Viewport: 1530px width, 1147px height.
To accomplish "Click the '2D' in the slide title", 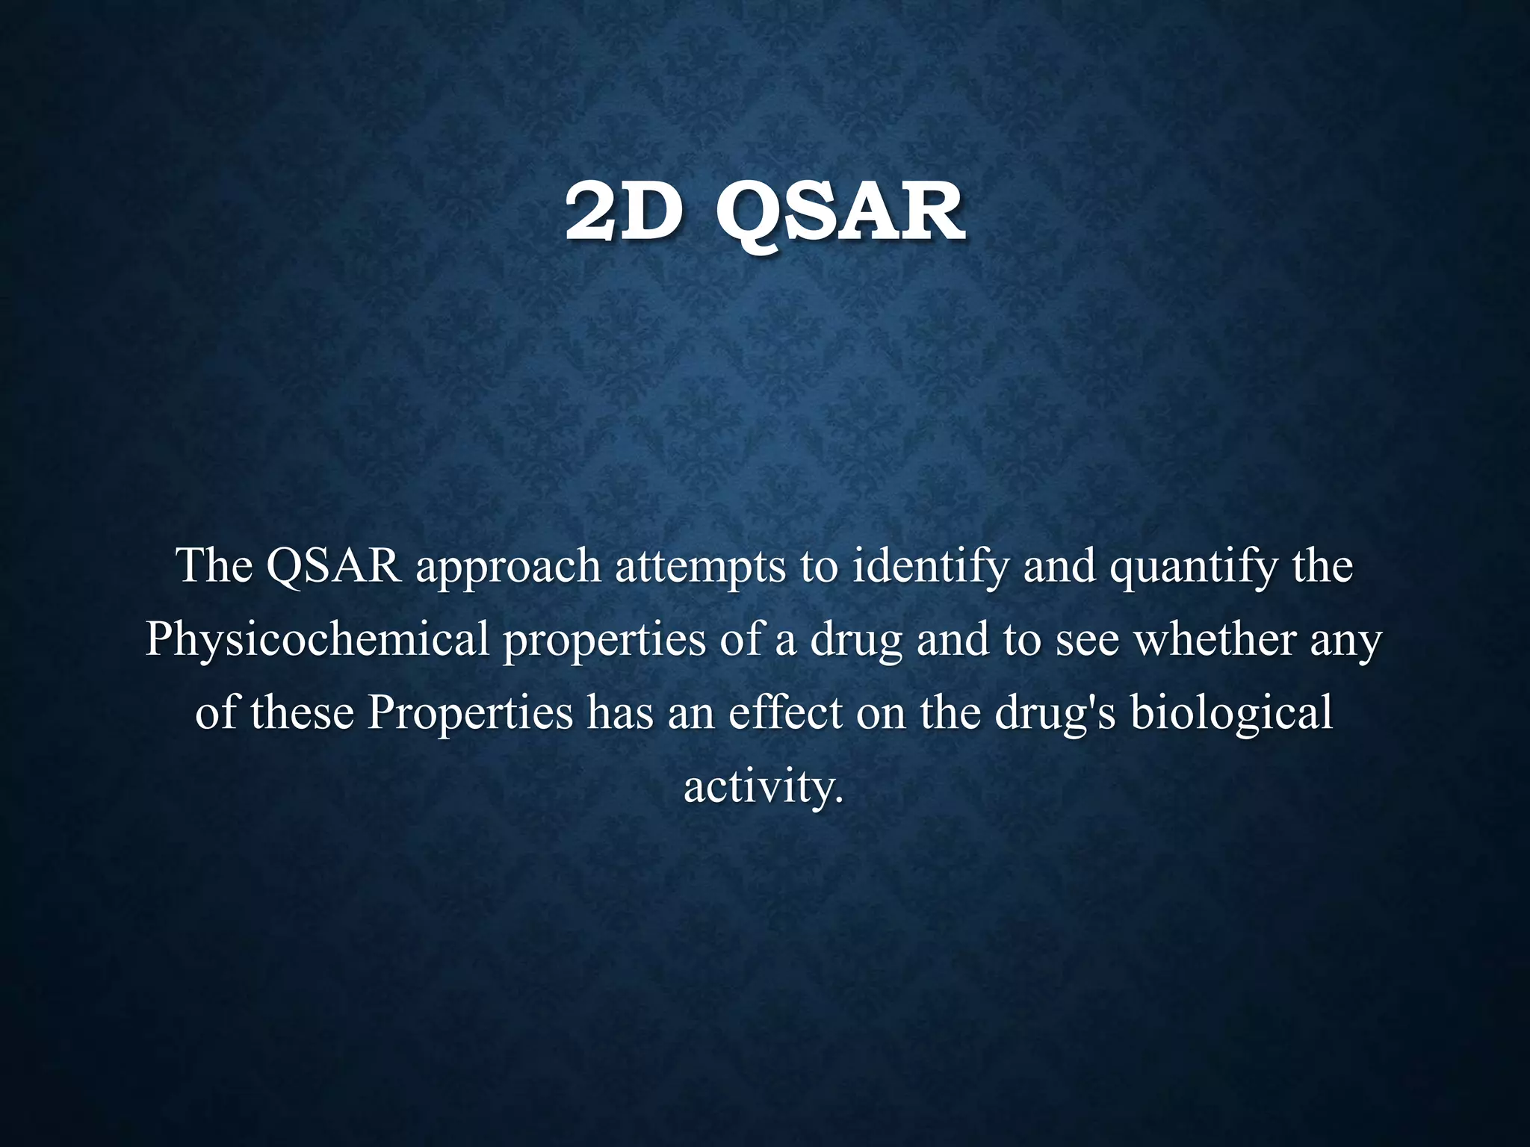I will click(623, 214).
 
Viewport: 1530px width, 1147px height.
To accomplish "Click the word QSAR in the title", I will click(840, 215).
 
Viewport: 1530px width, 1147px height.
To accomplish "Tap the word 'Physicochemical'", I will click(317, 641).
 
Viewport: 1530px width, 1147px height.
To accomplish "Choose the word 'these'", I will click(302, 712).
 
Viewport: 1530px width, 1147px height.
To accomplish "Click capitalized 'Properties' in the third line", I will click(470, 714).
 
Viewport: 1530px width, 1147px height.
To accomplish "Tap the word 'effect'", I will click(785, 712).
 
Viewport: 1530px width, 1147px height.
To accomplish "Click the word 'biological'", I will click(1231, 714).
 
